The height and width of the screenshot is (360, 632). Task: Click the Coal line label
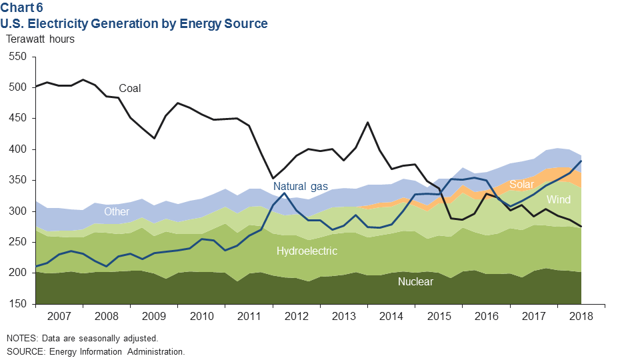[x=130, y=88]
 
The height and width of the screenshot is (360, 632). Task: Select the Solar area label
[x=522, y=184]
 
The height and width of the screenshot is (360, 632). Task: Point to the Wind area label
[x=558, y=199]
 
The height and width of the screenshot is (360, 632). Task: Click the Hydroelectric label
[x=307, y=251]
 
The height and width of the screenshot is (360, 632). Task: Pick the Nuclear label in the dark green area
[x=415, y=281]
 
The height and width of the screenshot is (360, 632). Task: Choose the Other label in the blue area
[x=117, y=212]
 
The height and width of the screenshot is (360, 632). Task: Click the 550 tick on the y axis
[x=17, y=57]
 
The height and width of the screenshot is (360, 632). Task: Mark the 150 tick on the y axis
[x=17, y=304]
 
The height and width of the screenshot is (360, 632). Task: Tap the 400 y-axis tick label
[x=17, y=149]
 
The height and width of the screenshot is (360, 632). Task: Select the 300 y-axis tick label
[x=17, y=211]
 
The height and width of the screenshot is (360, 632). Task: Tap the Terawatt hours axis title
[x=40, y=38]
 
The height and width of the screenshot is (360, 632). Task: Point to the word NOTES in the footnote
[x=21, y=338]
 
